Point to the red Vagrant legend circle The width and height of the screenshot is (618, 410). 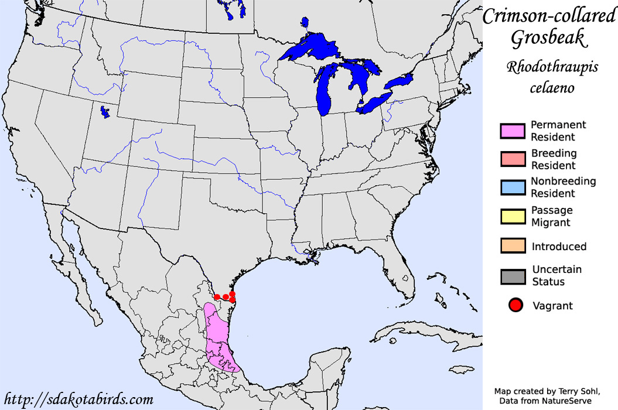[x=515, y=305]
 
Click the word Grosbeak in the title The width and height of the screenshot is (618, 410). [x=548, y=39]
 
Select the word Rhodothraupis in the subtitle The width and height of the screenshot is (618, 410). [x=552, y=67]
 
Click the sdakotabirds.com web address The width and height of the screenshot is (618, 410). [x=78, y=400]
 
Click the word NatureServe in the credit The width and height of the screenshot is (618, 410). [x=568, y=400]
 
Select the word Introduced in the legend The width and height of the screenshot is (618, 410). [x=559, y=247]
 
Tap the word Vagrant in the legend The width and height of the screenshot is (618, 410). [x=552, y=305]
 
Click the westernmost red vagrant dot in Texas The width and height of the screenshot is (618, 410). [x=217, y=297]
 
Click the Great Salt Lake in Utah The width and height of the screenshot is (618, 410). [x=105, y=111]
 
